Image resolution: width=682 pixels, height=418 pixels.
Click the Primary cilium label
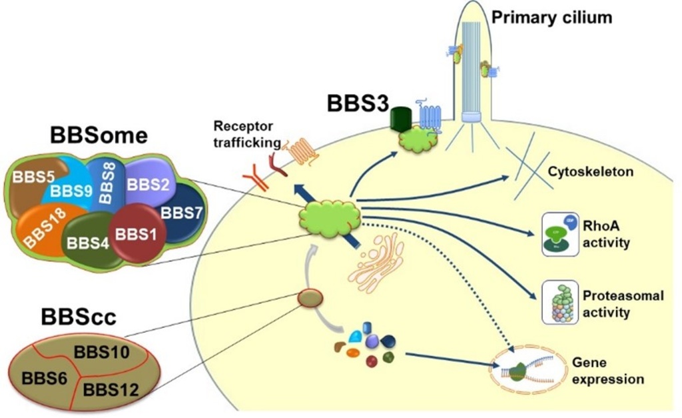551,17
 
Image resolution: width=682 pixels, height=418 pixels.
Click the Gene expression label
608,371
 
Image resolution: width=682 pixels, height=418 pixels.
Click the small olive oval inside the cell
310,298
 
